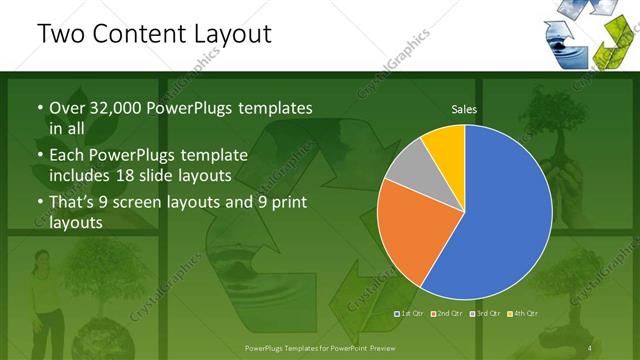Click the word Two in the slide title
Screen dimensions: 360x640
58,33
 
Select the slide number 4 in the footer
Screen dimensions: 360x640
591,347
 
